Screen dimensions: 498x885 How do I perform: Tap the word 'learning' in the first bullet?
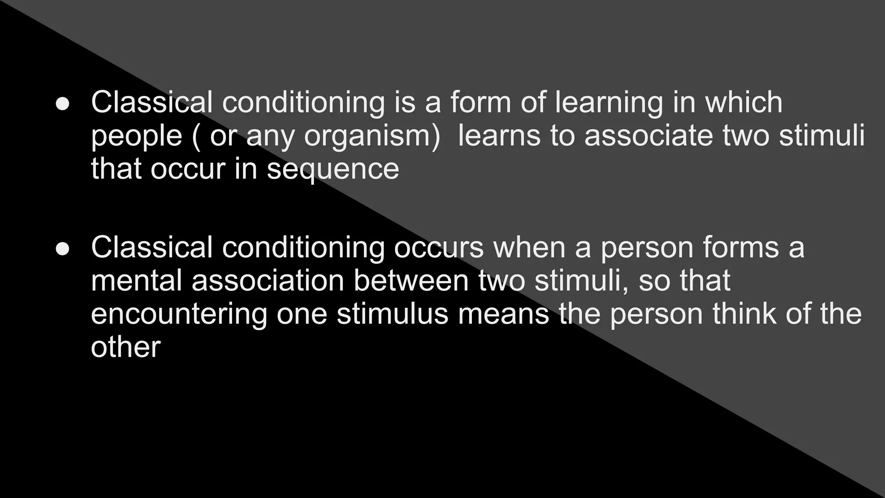(608, 103)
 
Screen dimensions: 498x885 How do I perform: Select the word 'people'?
(137, 136)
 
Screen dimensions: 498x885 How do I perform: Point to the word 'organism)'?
(372, 136)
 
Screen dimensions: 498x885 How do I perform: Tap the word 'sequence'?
(333, 169)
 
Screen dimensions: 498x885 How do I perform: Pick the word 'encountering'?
(179, 314)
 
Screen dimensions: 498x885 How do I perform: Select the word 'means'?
(503, 314)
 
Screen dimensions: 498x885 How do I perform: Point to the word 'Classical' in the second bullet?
(152, 247)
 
